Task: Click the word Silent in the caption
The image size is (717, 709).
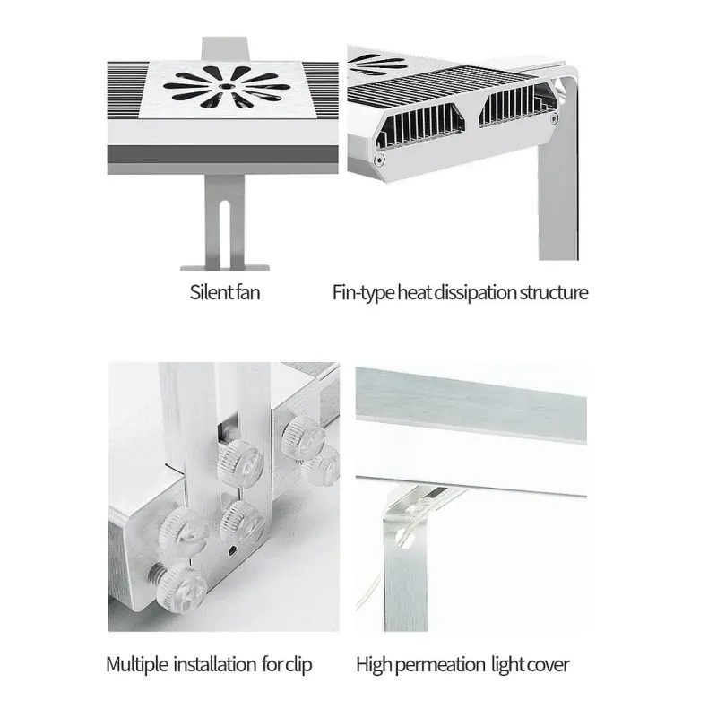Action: [212, 292]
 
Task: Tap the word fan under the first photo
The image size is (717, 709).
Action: [249, 292]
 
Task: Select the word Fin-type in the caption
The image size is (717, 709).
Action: [364, 293]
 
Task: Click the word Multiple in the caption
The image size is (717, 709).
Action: [137, 664]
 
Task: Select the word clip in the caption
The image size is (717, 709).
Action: [298, 665]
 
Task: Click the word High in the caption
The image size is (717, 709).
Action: [374, 665]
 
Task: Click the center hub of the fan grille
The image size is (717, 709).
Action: [225, 86]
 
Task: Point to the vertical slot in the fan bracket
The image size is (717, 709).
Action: [225, 234]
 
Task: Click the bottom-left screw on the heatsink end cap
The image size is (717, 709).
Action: [378, 160]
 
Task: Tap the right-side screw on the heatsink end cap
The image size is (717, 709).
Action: [554, 119]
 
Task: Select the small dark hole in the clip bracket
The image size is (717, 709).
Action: [232, 549]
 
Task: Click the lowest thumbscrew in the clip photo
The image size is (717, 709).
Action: [182, 588]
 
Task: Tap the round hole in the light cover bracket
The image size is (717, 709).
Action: [405, 537]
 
